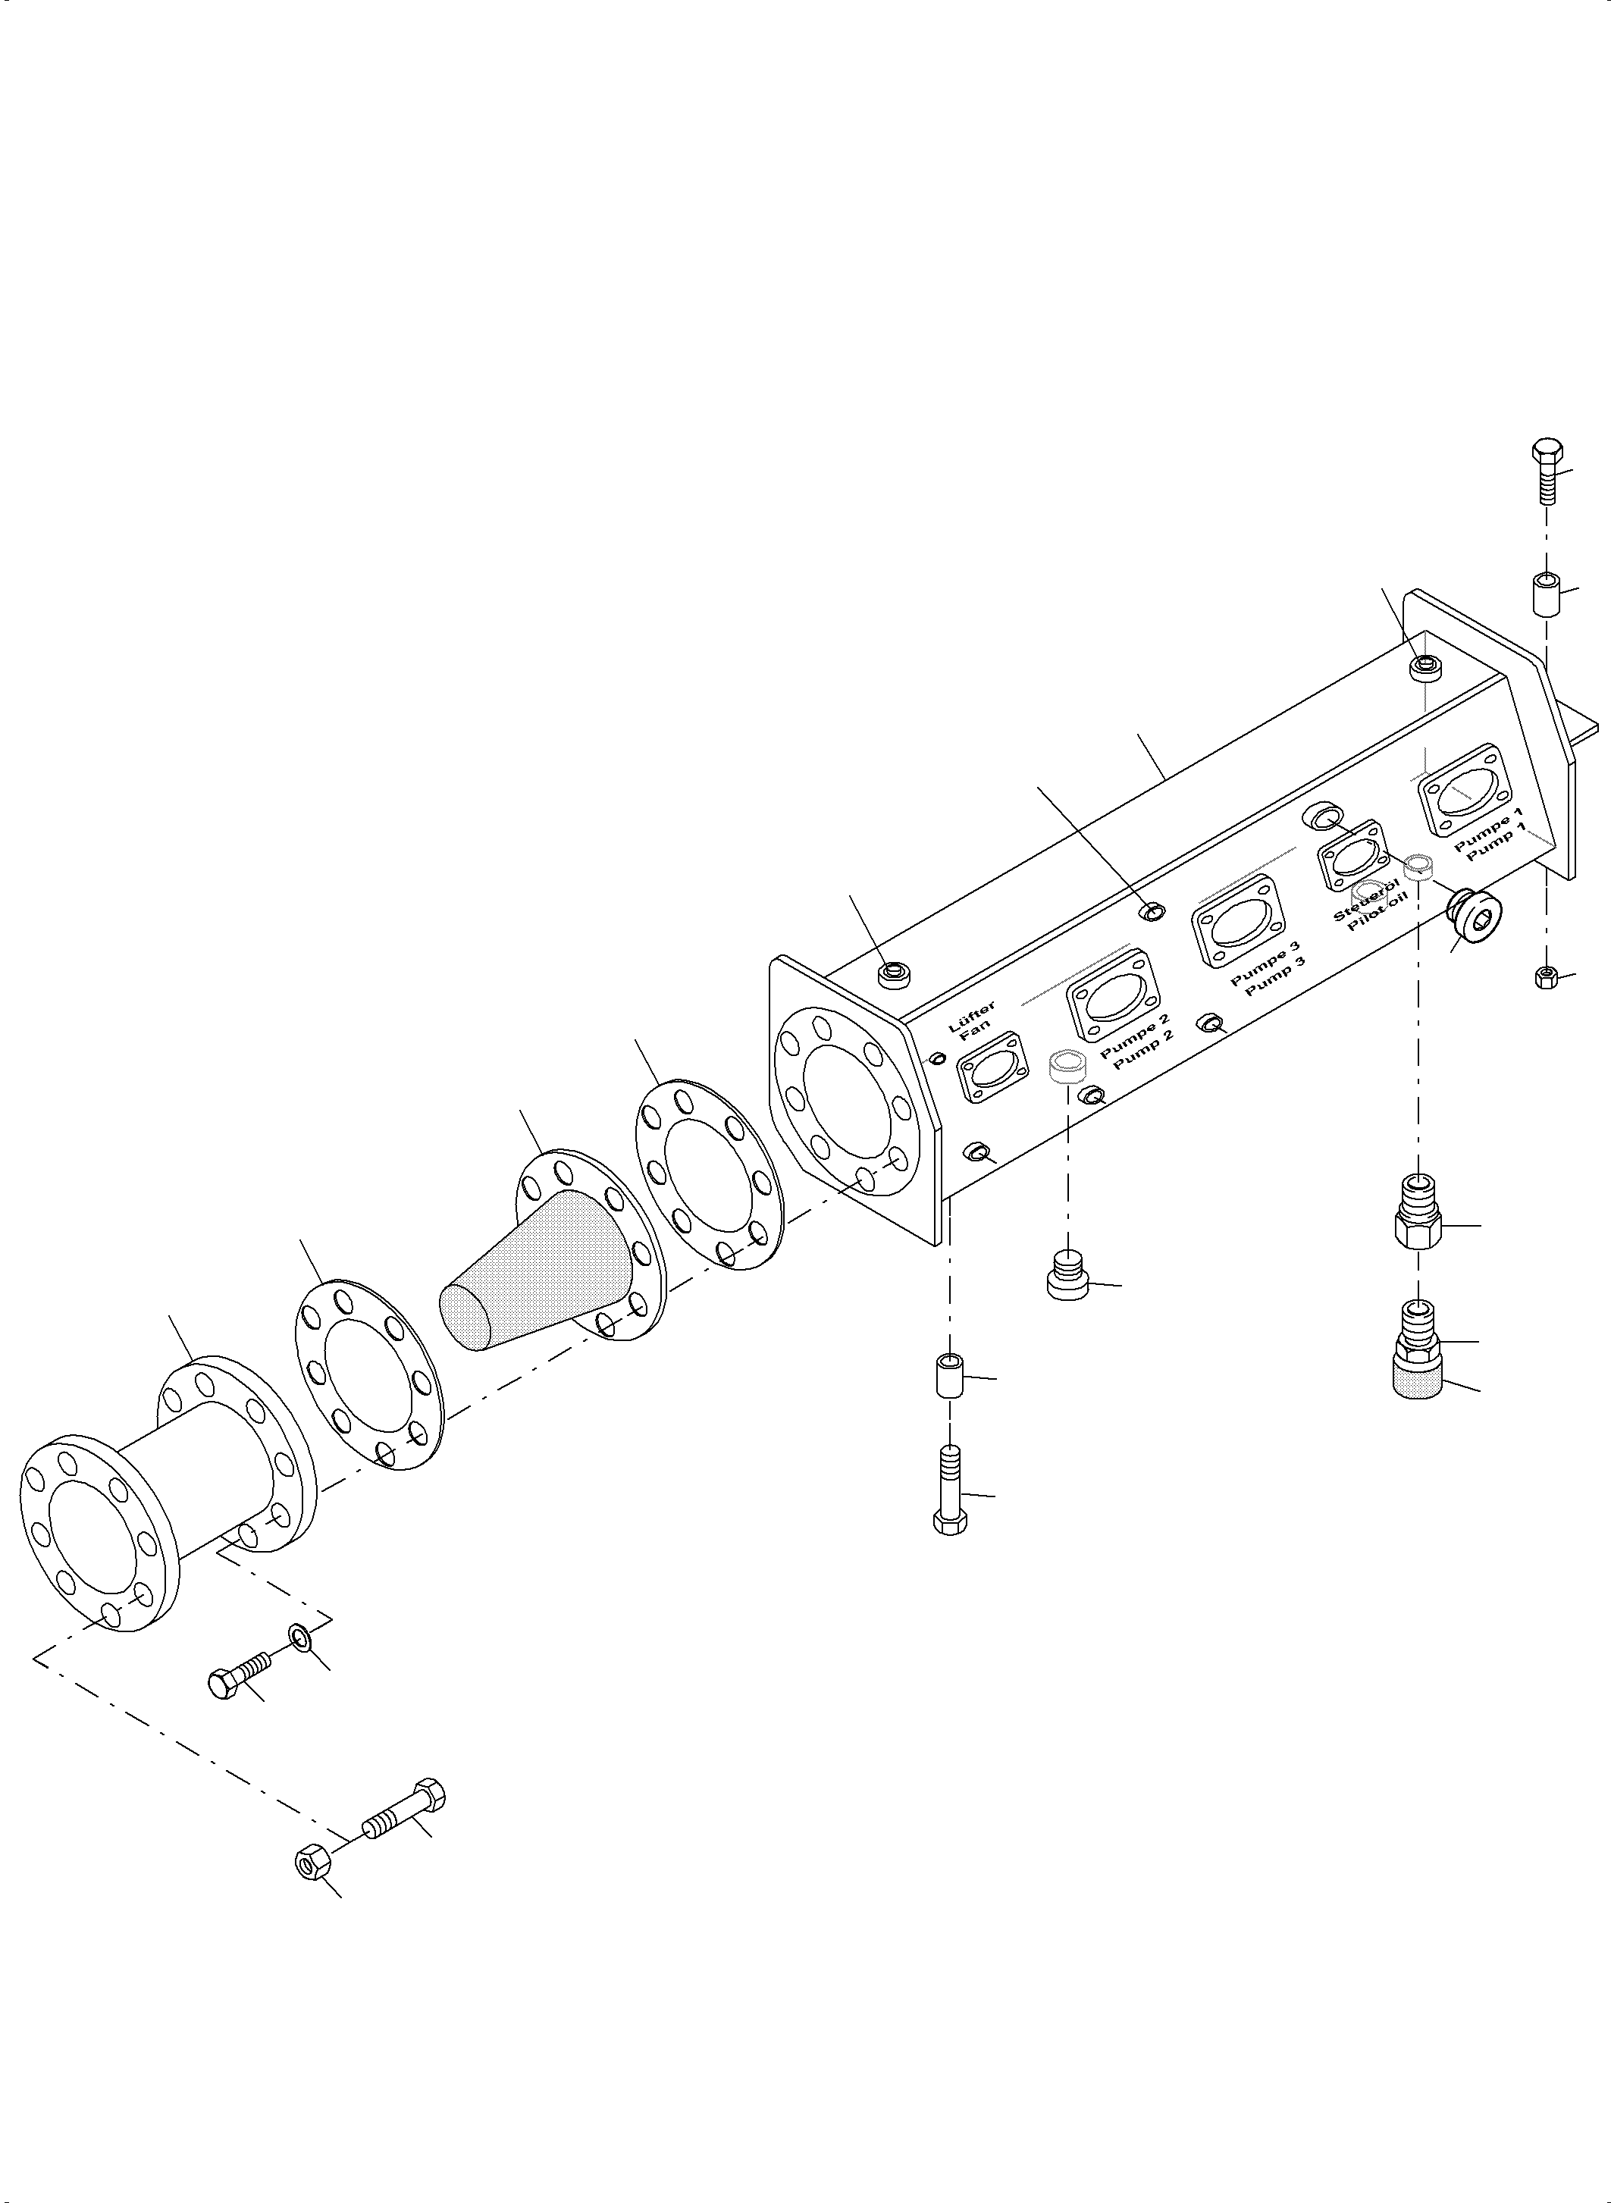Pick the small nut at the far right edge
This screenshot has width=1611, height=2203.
[1545, 976]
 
